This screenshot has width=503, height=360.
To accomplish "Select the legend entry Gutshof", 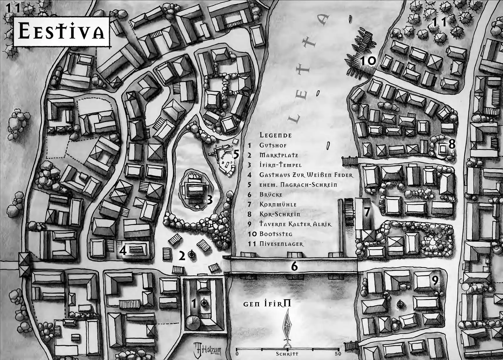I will coord(273,145).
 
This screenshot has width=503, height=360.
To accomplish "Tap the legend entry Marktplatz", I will coord(279,155).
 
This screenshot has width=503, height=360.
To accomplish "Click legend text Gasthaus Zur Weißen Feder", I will coord(306,175).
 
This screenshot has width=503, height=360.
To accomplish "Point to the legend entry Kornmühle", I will coord(278,205).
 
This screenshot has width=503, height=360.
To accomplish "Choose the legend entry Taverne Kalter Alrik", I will coord(295,224).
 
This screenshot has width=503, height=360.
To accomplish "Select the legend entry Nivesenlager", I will coord(281,244).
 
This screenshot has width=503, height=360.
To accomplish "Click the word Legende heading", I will coord(276,135).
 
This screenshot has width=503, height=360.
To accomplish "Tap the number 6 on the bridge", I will coord(294,266).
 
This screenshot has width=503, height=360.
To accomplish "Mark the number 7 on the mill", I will coord(367,212).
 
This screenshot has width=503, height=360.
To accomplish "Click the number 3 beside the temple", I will coord(209,200).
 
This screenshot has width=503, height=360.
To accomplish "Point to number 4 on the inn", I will coord(123,251).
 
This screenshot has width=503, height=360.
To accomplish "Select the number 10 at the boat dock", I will coord(368,61).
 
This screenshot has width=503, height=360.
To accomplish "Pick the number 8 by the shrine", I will coord(452,144).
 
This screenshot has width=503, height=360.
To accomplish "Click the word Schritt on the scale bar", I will coord(287,354).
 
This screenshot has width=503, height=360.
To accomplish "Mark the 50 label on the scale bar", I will coord(338,354).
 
